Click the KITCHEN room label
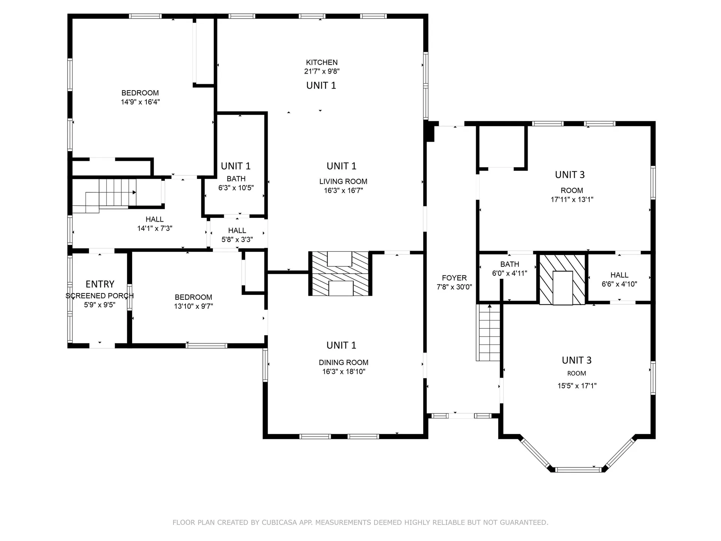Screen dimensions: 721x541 coord(322,62)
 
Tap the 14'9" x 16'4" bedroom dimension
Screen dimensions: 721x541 coord(140,102)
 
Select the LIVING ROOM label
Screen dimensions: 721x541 coord(343,181)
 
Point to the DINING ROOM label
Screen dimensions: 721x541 coord(344,363)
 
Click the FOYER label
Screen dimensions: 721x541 coord(454,278)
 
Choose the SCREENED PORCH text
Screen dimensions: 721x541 coord(100,296)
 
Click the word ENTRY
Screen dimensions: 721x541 coord(100,284)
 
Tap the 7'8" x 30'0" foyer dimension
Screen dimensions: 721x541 coord(454,287)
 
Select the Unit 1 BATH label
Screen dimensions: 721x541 coord(236,179)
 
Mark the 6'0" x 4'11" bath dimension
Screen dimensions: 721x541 coord(510,274)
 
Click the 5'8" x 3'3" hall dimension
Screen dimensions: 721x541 coord(237,240)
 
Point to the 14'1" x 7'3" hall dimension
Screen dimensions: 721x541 coord(155,228)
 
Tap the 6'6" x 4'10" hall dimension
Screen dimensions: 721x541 coord(619,284)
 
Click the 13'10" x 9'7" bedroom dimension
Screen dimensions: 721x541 coord(193,306)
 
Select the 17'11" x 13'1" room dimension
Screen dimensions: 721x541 coord(572,199)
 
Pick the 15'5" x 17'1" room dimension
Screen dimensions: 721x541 coord(577,386)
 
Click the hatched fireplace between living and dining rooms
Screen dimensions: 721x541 coord(340,274)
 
